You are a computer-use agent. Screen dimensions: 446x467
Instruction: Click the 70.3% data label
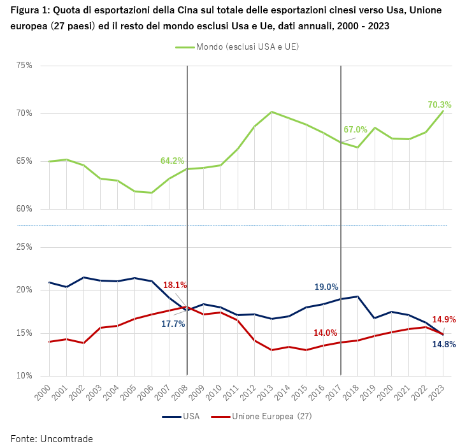[440, 104]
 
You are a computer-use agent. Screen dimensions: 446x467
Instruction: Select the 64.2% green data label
[172, 161]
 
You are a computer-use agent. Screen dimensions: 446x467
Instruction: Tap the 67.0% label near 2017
[356, 129]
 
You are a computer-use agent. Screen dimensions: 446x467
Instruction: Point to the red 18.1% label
[175, 285]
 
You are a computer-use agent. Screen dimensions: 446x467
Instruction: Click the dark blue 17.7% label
[173, 324]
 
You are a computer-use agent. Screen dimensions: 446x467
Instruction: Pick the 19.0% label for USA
[326, 287]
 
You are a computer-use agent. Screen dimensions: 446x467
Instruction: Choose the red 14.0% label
[326, 333]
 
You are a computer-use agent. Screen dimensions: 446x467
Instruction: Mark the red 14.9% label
[444, 319]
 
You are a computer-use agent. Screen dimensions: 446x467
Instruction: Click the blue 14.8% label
[444, 345]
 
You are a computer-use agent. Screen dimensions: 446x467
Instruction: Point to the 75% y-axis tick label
[24, 66]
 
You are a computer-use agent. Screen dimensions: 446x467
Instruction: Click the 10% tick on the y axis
[24, 376]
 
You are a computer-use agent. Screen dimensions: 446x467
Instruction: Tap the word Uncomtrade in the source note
[66, 438]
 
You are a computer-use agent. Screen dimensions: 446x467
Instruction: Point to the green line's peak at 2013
[272, 112]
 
